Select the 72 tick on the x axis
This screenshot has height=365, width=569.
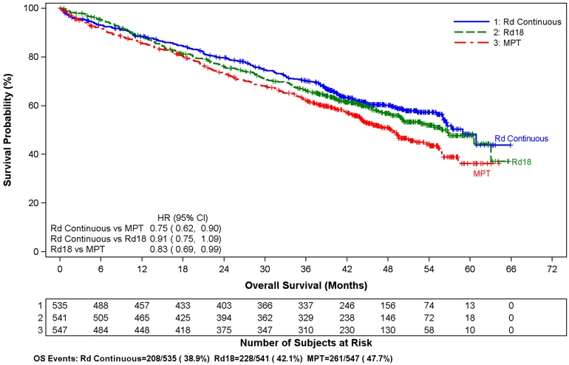(x=549, y=270)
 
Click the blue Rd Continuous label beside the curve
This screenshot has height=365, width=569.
(x=521, y=138)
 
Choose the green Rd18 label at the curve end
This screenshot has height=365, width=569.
(x=522, y=162)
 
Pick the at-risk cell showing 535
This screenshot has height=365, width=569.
(x=59, y=304)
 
